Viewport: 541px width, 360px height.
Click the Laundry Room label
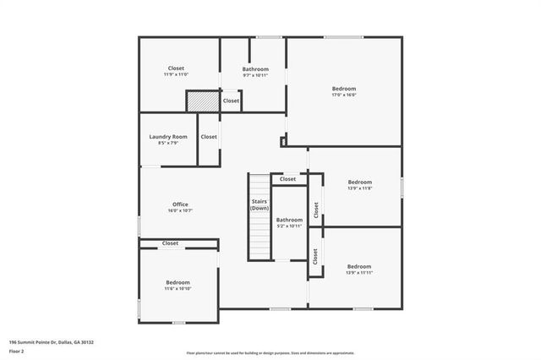[167, 136]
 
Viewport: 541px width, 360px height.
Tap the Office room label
[180, 204]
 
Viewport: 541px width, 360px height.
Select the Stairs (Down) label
[260, 205]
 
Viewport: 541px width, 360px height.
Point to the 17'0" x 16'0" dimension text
[343, 95]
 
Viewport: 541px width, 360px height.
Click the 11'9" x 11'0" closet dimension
[176, 74]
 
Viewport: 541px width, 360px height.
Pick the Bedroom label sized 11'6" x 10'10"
[178, 282]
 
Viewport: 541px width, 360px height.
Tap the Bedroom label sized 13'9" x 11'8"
[360, 182]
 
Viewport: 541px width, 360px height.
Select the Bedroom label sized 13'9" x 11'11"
[359, 266]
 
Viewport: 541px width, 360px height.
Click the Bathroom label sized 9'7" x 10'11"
[255, 68]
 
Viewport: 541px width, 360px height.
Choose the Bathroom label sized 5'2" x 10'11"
[289, 220]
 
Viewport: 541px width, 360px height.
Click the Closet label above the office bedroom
[171, 243]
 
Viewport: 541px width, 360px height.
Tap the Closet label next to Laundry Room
[209, 136]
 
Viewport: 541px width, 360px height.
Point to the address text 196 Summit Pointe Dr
[51, 342]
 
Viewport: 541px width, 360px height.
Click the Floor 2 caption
[18, 351]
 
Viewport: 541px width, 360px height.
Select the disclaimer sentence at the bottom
[270, 352]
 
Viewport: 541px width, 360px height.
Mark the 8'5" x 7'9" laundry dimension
[167, 143]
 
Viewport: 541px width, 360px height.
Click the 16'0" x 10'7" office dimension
[180, 210]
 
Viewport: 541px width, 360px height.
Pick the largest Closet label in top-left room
[176, 68]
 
